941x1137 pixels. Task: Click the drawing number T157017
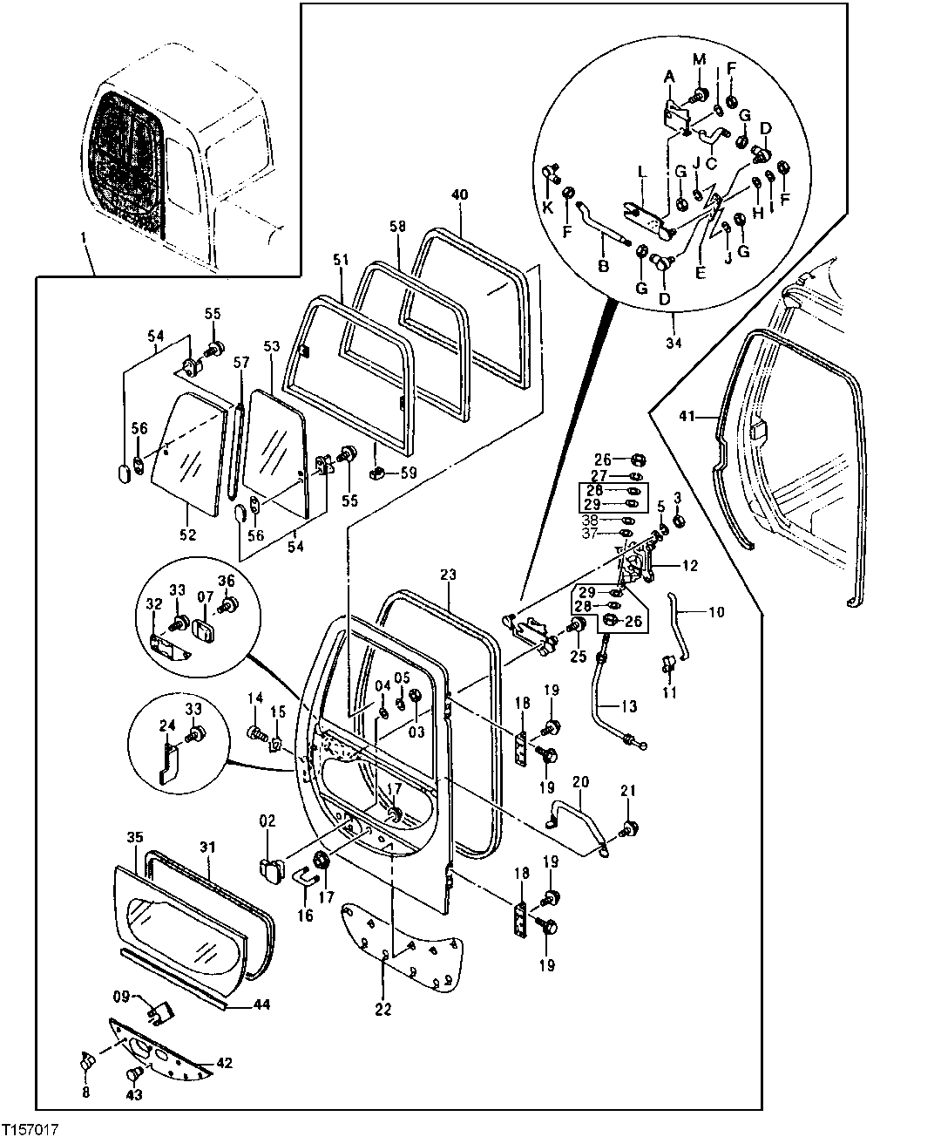click(x=30, y=1128)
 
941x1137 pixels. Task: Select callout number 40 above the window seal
click(x=460, y=195)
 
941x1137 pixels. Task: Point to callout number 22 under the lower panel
click(x=383, y=1010)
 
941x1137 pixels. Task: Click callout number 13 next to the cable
click(x=629, y=705)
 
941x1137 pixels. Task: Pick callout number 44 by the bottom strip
click(x=262, y=1004)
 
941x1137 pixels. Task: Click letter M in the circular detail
click(x=699, y=58)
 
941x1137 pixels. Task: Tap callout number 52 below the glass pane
click(x=188, y=534)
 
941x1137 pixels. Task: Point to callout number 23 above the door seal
click(x=448, y=575)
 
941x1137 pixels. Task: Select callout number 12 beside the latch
click(x=689, y=566)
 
